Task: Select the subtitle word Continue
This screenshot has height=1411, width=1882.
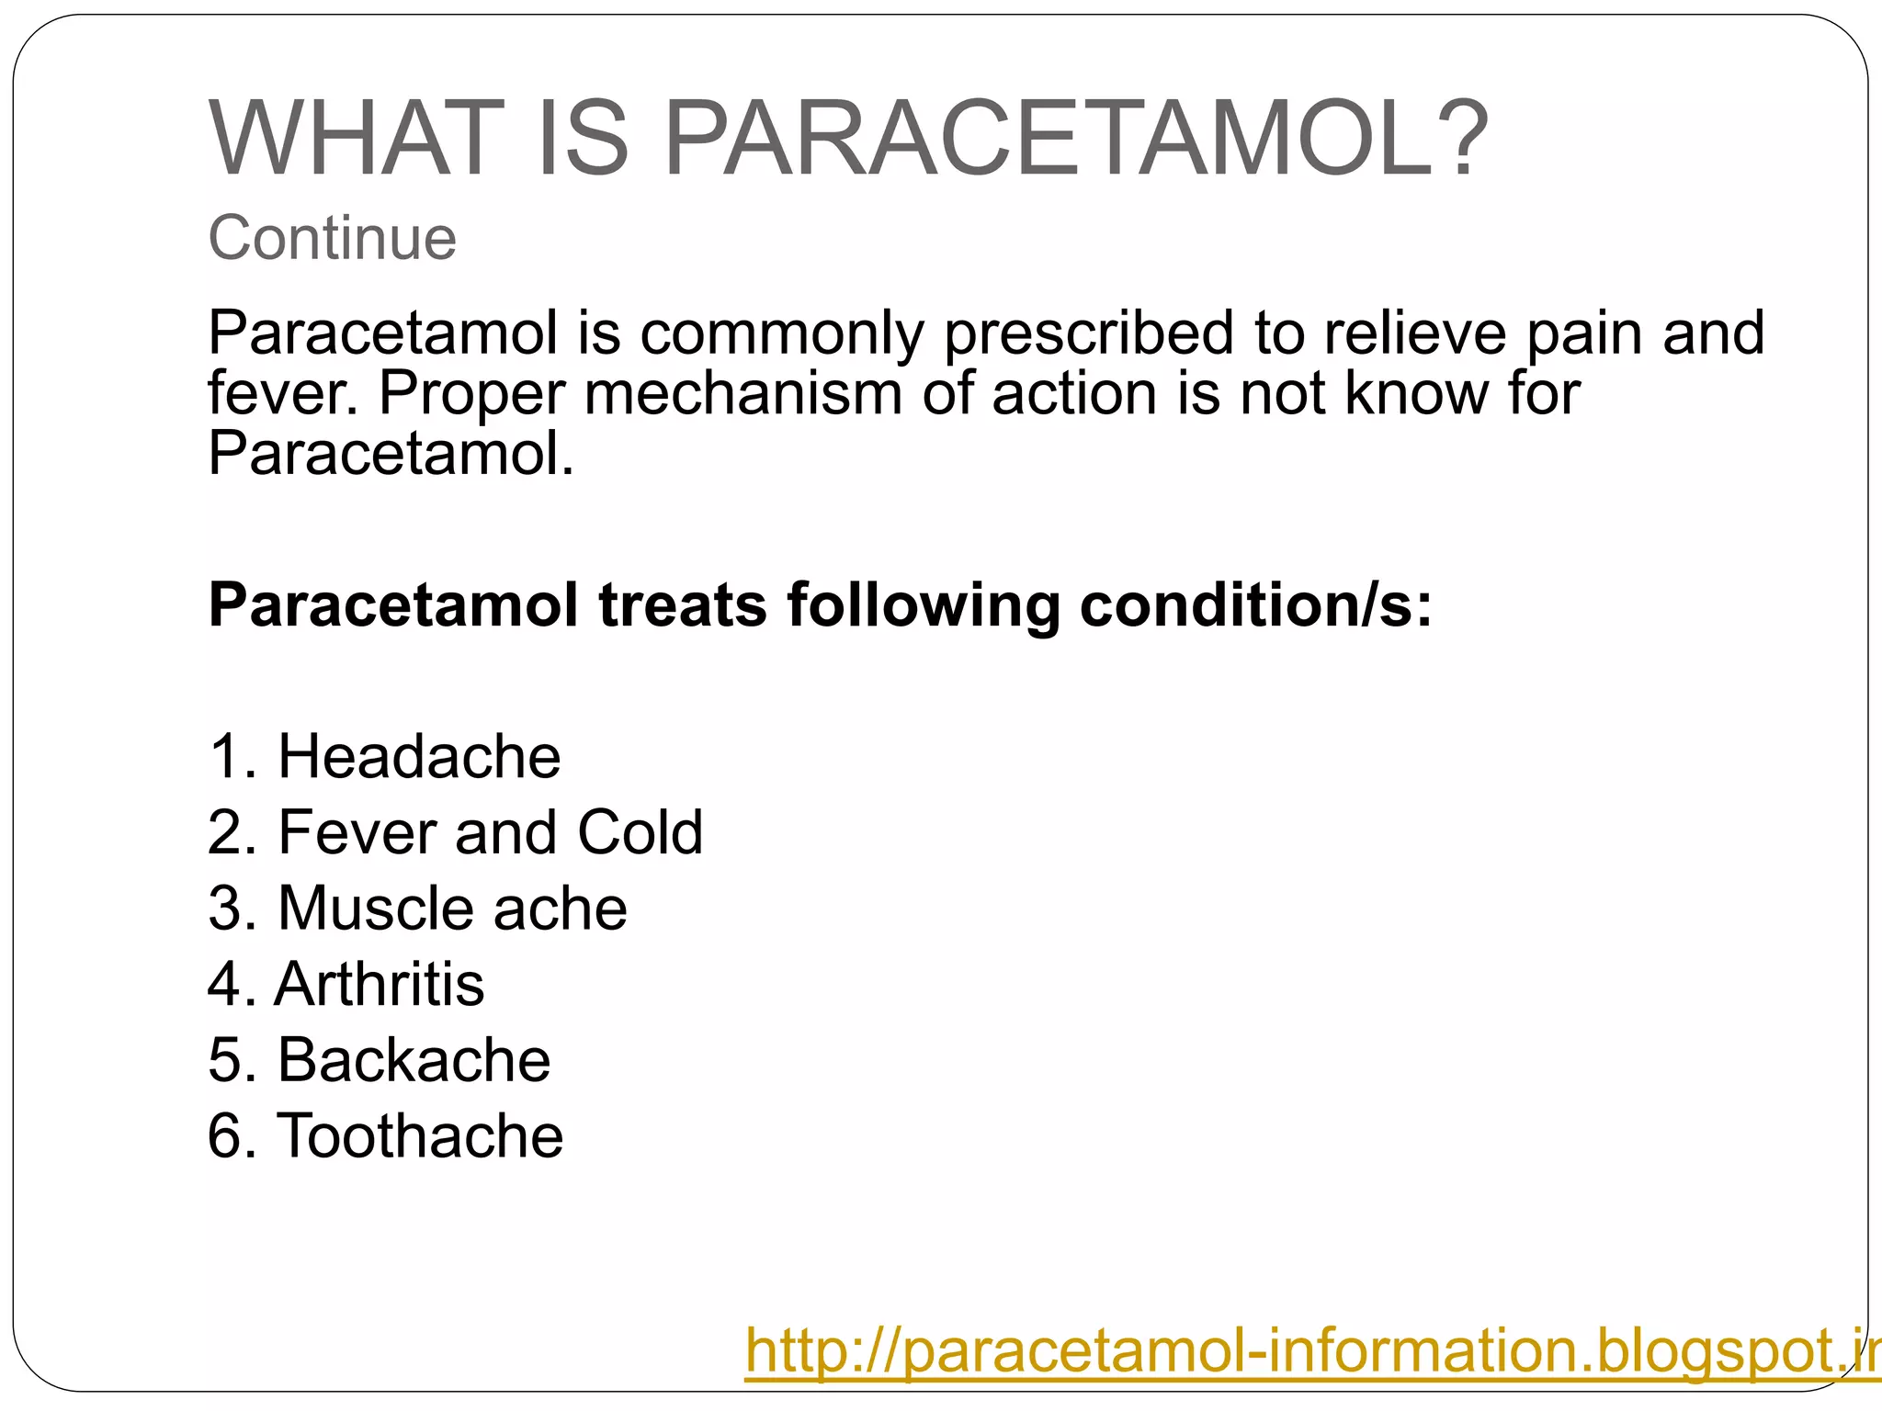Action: tap(332, 238)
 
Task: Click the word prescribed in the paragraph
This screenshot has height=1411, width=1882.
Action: tap(1089, 333)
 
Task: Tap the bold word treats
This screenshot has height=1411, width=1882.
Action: tap(683, 605)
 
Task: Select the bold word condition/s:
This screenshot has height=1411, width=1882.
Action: tap(1255, 605)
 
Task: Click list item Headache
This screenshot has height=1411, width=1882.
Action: tap(419, 757)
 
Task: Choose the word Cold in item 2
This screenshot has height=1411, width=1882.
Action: tap(640, 832)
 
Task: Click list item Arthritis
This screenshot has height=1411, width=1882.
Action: tap(379, 984)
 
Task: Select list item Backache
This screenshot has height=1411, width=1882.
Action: tap(414, 1060)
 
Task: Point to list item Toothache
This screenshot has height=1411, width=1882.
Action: tap(420, 1136)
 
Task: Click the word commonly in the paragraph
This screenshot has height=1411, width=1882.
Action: tap(782, 333)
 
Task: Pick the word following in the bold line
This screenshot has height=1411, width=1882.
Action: tap(923, 605)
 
